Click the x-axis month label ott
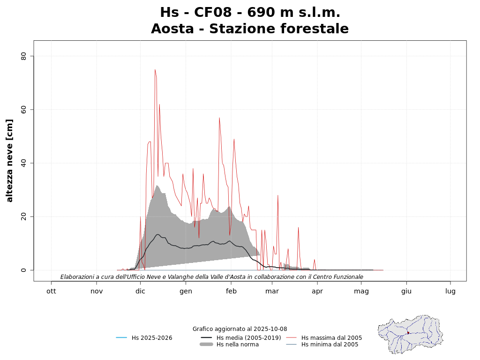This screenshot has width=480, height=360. [51, 291]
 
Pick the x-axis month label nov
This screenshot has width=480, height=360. [97, 291]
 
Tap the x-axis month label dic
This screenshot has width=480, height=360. [140, 291]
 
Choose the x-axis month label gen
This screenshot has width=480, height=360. [186, 291]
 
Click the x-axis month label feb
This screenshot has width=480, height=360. [231, 291]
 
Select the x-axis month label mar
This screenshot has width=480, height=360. [272, 291]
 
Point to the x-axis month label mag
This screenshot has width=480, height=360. [361, 291]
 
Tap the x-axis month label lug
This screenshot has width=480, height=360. [450, 291]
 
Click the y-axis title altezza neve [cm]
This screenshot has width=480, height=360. [10, 161]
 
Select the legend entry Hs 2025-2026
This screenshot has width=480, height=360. [152, 338]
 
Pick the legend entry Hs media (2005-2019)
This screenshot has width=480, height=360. [248, 338]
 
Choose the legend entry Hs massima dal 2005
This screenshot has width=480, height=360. [331, 338]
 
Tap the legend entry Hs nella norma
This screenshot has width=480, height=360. [237, 345]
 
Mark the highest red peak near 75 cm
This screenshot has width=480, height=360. [155, 70]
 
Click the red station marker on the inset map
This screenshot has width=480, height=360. [408, 333]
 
